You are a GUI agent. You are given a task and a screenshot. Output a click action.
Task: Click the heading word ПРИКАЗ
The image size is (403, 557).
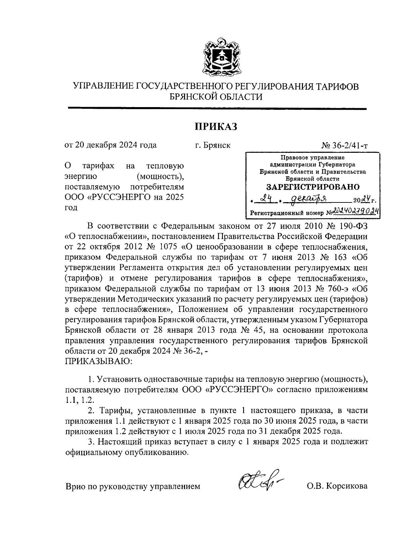[x=216, y=127]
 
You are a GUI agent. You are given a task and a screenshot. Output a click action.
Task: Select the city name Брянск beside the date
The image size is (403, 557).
[x=217, y=145]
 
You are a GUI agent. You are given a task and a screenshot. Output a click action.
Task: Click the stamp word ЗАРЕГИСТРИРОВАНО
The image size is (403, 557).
[x=313, y=187]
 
